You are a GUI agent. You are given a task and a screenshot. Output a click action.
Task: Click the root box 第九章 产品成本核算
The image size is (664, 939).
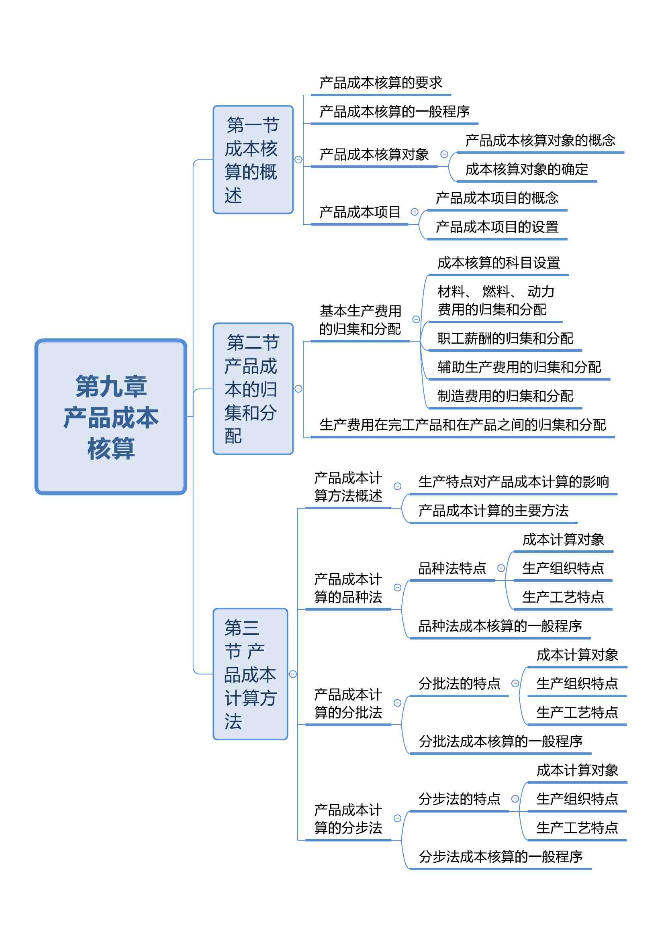point(111,417)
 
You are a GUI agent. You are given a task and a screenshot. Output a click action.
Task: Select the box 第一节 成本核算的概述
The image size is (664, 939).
point(253,159)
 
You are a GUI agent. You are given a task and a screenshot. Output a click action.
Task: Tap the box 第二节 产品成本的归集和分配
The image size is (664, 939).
point(253,389)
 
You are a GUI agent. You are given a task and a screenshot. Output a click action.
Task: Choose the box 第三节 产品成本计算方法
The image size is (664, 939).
point(250,674)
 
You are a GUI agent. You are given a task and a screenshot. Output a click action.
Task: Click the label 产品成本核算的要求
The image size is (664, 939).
point(381,83)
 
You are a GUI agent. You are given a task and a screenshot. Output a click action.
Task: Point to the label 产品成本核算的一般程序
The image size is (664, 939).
point(394,111)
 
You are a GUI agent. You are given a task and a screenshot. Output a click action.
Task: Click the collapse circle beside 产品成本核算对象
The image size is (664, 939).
point(444,154)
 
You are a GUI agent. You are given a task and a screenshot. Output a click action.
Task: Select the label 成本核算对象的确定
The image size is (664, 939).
point(527,169)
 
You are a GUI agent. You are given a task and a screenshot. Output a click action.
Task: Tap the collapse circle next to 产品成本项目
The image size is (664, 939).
point(415,212)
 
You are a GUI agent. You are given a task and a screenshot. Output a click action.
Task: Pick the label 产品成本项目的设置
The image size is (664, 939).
point(497,226)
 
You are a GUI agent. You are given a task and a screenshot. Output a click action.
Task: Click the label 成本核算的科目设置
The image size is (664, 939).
point(499,263)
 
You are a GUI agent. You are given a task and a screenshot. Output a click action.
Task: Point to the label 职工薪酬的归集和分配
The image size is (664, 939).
point(505,338)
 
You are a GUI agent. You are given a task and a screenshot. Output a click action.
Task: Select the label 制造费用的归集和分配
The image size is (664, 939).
point(505,396)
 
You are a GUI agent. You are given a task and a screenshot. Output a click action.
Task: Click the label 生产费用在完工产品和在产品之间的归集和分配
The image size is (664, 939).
point(463,425)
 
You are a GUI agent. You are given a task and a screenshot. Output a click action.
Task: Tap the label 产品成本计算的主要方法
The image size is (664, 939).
point(493,510)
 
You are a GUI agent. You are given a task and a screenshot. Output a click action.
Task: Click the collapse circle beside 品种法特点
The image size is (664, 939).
point(501,568)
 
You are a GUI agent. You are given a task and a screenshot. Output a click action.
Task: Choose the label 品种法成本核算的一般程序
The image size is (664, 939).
point(501,626)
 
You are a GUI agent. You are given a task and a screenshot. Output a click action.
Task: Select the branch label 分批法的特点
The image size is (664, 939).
point(460,683)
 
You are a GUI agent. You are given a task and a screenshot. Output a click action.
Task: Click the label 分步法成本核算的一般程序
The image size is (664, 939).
point(501,856)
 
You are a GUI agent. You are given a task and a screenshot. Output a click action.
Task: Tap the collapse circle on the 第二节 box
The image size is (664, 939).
point(298,389)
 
